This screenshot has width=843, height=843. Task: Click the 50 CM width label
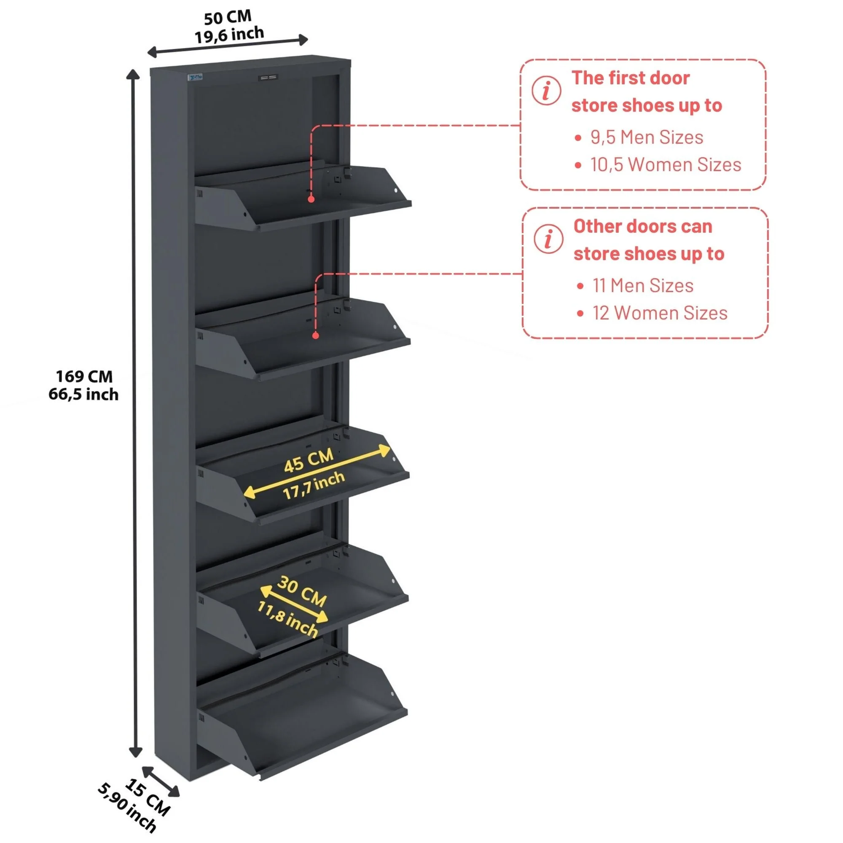pyautogui.click(x=227, y=17)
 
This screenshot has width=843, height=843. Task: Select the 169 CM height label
pyautogui.click(x=84, y=376)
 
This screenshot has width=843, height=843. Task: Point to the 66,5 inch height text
pyautogui.click(x=83, y=395)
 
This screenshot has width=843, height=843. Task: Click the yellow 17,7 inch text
pyautogui.click(x=314, y=485)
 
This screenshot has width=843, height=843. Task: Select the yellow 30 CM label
pyautogui.click(x=302, y=591)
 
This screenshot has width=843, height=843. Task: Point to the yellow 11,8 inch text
pyautogui.click(x=287, y=619)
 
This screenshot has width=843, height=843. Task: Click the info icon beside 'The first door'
pyautogui.click(x=546, y=91)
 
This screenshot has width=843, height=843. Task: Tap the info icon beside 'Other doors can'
pyautogui.click(x=548, y=239)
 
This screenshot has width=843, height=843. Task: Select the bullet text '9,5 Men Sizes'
pyautogui.click(x=646, y=137)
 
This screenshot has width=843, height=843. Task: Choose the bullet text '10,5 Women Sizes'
pyautogui.click(x=666, y=165)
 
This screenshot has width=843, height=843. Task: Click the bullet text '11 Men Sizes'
pyautogui.click(x=643, y=286)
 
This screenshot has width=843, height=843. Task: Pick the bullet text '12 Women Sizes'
pyautogui.click(x=659, y=313)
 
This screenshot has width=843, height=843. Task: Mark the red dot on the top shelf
pyautogui.click(x=311, y=199)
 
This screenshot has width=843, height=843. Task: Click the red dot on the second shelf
pyautogui.click(x=316, y=336)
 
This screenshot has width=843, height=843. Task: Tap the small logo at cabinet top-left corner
pyautogui.click(x=196, y=78)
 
